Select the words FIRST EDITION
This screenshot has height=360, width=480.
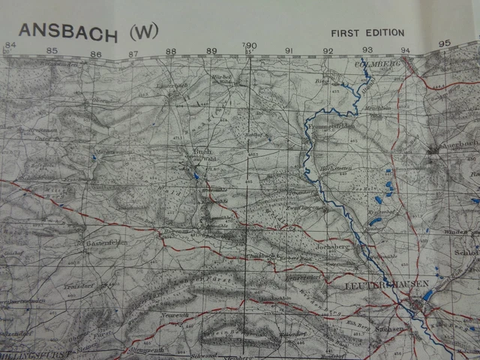click(367, 33)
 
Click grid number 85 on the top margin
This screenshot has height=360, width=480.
click(52, 51)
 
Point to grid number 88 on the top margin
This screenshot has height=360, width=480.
click(171, 51)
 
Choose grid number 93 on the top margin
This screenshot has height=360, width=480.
click(367, 49)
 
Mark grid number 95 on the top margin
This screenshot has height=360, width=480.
click(444, 43)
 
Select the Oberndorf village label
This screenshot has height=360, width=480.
click(106, 100)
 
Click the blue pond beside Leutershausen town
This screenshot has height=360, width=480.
click(427, 295)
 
